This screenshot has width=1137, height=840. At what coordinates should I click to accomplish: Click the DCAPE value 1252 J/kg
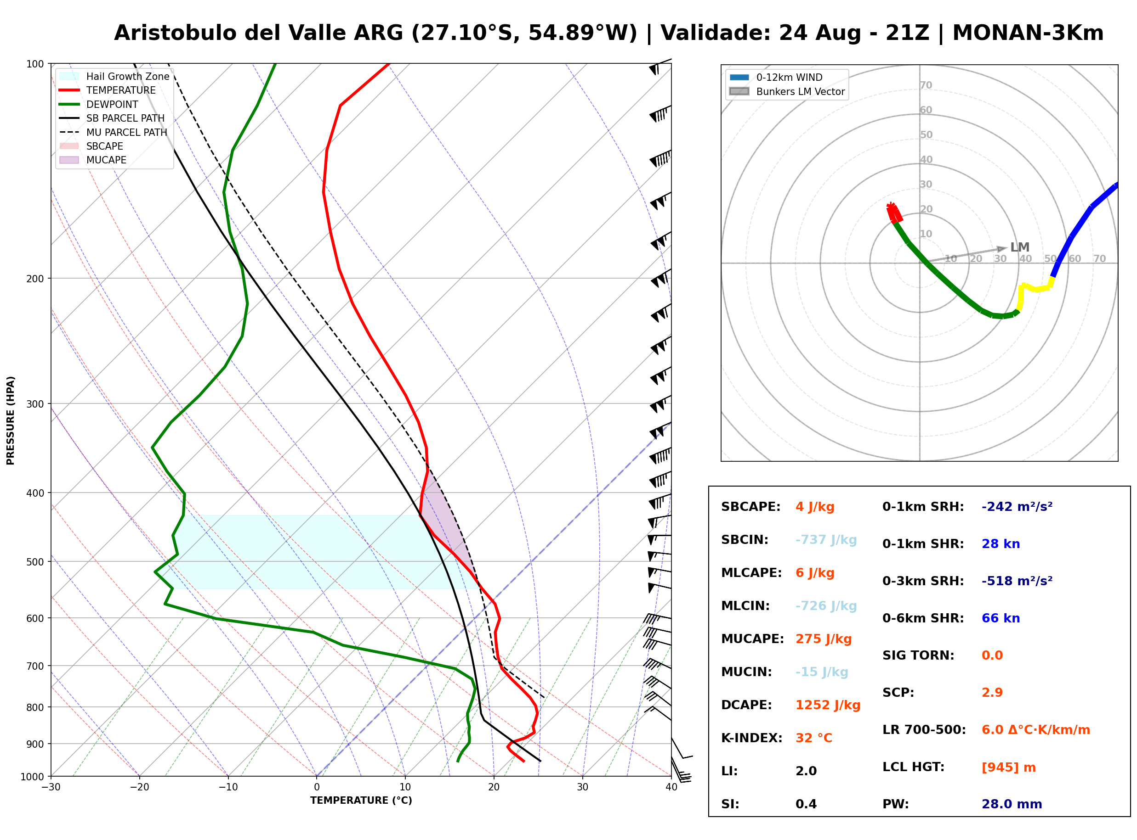click(828, 705)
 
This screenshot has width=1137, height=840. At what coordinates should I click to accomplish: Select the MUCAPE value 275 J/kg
click(824, 638)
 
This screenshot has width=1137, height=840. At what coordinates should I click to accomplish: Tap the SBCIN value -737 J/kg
click(826, 539)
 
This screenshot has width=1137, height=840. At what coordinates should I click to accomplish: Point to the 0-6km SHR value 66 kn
click(1001, 618)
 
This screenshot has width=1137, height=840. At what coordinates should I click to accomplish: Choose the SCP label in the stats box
click(898, 693)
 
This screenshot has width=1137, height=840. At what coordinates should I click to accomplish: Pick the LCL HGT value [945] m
click(1008, 767)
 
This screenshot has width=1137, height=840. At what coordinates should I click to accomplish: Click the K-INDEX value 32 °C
click(814, 738)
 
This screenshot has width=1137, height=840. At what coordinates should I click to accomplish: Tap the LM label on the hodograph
click(1019, 247)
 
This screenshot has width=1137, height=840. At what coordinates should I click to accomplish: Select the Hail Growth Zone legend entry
click(114, 76)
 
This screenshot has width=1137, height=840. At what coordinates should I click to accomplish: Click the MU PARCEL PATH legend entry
click(114, 132)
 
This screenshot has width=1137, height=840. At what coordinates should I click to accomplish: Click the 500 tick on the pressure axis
click(34, 562)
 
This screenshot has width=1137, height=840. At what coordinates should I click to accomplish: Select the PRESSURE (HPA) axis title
click(11, 420)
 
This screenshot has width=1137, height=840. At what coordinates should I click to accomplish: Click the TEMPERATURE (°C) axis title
click(361, 801)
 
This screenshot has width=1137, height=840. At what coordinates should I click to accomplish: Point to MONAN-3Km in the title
click(1028, 33)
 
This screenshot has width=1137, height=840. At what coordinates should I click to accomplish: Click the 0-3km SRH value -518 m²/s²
click(1017, 581)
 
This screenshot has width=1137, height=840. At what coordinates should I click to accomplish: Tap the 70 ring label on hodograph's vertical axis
click(926, 85)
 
